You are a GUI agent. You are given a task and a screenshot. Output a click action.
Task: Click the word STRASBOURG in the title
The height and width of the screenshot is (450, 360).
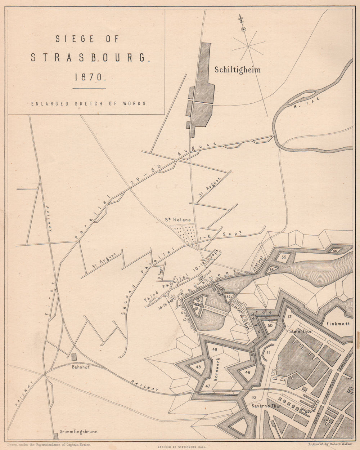89,58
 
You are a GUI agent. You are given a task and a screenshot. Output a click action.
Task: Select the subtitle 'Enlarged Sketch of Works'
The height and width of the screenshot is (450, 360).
89,103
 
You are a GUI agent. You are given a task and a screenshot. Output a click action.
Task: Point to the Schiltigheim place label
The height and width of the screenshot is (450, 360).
237,70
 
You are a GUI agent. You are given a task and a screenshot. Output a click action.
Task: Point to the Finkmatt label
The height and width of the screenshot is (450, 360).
338,324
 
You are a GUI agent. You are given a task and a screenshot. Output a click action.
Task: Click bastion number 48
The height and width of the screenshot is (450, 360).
198,367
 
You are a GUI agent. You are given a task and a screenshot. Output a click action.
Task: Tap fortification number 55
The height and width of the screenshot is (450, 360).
284,257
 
